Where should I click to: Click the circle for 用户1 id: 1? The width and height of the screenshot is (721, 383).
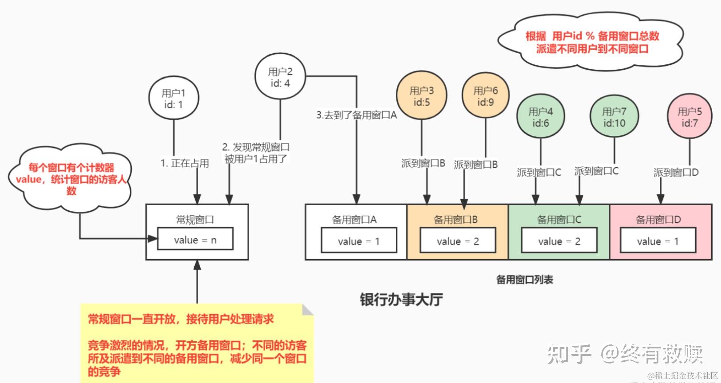173,99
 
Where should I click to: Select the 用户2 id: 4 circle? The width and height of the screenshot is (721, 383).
280,77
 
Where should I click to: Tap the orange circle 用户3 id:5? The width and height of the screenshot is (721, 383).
422,96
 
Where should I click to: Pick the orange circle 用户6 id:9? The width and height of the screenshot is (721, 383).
486,96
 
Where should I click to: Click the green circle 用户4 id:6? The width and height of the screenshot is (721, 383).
541,117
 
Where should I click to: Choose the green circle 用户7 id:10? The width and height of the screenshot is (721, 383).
614,117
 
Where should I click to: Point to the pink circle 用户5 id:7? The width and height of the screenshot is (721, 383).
690,117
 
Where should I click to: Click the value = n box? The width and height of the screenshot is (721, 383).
195,240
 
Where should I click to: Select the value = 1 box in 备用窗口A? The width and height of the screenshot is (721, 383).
359,241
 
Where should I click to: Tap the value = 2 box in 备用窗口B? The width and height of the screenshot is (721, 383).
458,241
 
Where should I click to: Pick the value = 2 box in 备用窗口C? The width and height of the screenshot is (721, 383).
559,241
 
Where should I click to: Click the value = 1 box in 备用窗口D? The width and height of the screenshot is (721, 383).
658,241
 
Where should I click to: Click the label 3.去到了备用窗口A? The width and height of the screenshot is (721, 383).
357,115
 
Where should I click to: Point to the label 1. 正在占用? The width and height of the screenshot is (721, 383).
184,163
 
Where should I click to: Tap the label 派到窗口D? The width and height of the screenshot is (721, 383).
676,172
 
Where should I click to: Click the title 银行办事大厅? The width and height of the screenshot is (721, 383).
401,300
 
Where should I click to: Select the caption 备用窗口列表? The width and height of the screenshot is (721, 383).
525,280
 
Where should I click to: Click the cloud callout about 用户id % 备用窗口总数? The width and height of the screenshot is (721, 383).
592,42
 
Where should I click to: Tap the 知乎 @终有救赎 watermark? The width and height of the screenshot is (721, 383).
625,354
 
